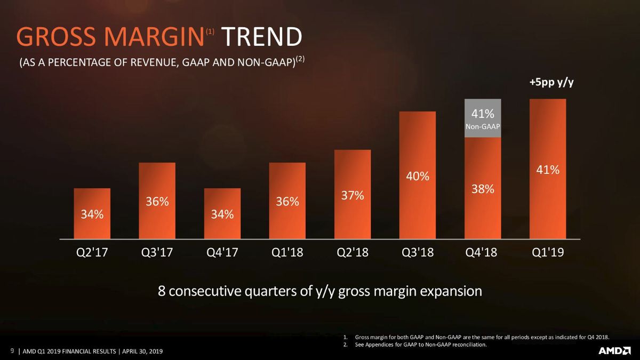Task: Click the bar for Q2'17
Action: [x=92, y=213]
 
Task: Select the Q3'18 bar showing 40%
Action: [x=418, y=175]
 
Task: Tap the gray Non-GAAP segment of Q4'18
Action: [x=483, y=118]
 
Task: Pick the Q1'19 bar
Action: [x=548, y=169]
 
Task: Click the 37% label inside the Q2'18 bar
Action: [x=353, y=195]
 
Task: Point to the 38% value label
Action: [x=483, y=189]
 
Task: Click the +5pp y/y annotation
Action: [x=551, y=83]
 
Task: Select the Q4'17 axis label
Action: [x=222, y=252]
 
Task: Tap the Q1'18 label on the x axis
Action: [x=287, y=252]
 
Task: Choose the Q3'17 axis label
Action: [x=157, y=252]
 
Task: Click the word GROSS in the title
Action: [x=56, y=37]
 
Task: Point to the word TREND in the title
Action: [x=262, y=37]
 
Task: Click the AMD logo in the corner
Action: [x=614, y=351]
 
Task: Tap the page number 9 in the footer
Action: [x=12, y=350]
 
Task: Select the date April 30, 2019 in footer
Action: [x=142, y=351]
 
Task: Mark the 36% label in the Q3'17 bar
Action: [x=157, y=202]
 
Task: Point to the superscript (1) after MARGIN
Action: [x=210, y=31]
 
